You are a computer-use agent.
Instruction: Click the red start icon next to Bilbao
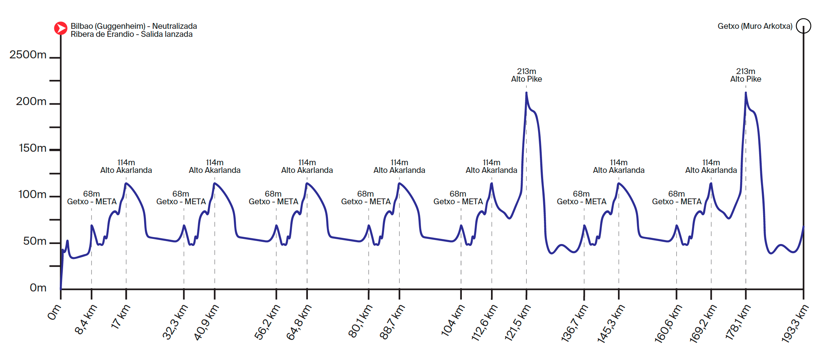61,28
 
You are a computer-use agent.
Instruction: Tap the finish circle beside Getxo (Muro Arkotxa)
803,26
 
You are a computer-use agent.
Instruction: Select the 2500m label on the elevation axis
28,55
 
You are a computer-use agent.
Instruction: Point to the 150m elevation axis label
32,148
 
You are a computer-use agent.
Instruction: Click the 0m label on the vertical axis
38,288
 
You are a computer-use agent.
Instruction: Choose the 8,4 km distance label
86,320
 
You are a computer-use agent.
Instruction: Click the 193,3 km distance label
795,323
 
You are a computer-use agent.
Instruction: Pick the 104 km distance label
453,320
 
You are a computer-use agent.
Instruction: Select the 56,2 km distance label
267,322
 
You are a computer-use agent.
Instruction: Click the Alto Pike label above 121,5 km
526,79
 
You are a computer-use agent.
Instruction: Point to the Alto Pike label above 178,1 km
746,79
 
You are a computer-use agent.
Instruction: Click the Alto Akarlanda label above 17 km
126,170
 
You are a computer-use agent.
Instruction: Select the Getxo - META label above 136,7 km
581,202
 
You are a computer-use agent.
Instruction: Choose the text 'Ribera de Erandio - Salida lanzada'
132,34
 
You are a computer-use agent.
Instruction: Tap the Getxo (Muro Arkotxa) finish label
755,26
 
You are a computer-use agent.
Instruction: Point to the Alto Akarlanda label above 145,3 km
619,170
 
